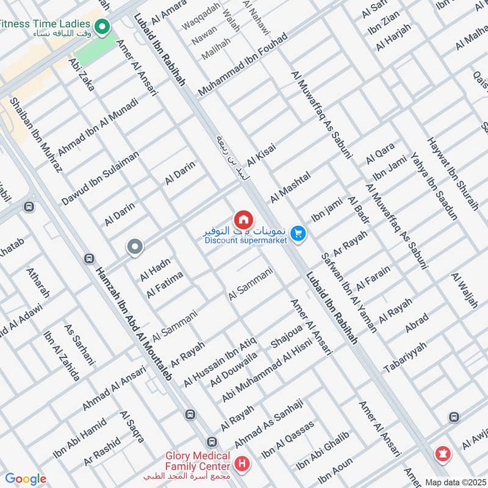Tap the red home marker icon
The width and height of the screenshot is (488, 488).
pos(243,219)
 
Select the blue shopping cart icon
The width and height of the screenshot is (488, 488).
pos(298,233)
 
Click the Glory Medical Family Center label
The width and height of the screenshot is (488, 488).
pos(189,461)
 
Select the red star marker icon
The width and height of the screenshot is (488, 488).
pos(441,454)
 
